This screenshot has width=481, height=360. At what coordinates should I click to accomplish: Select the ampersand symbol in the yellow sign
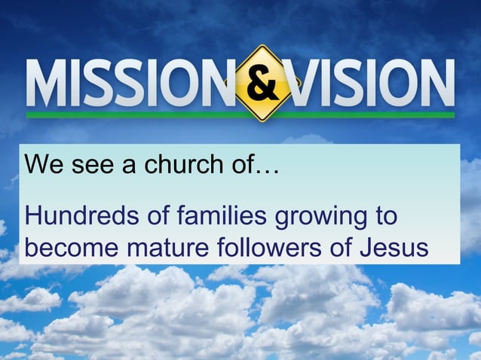(262, 84)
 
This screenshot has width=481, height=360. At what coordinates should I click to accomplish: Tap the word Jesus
(400, 247)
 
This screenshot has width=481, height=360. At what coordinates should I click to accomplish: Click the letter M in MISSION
(47, 84)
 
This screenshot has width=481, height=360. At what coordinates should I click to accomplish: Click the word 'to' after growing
(384, 217)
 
